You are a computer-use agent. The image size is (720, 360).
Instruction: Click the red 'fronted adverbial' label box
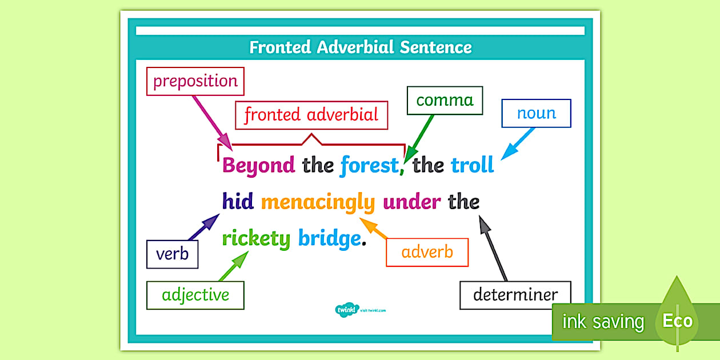[311, 115]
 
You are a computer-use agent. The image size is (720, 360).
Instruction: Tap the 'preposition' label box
[195, 81]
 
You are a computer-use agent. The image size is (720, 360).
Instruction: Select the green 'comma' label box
[445, 101]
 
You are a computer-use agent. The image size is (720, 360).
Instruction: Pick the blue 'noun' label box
[536, 113]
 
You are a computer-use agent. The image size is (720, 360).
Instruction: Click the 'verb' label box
[172, 254]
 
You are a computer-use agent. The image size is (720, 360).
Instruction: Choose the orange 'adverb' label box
[427, 252]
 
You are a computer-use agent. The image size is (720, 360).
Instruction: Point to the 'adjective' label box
[195, 295]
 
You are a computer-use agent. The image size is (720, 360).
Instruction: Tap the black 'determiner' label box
[515, 295]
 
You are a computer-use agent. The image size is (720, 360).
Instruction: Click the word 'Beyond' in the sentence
[258, 166]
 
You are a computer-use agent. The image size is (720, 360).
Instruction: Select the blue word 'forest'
[369, 166]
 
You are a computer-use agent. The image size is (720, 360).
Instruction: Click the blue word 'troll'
[472, 166]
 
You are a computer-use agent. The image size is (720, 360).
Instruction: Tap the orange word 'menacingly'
[318, 202]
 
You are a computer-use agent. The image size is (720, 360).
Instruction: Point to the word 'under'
[411, 202]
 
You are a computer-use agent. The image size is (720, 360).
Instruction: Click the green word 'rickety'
[256, 238]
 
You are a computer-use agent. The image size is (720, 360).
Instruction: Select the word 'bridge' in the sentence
[330, 238]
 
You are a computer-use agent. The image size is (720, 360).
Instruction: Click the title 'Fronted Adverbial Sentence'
[361, 47]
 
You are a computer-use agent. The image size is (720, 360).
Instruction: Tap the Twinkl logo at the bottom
[346, 310]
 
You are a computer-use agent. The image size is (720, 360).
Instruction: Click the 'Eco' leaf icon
[677, 321]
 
